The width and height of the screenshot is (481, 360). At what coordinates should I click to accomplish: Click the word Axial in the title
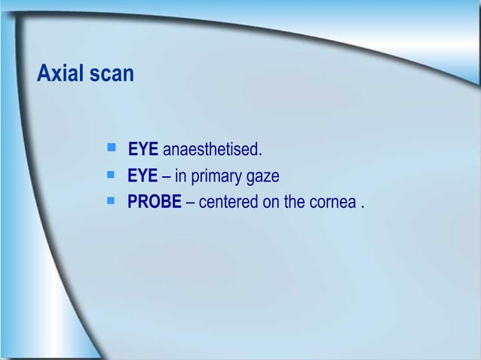pos(62,75)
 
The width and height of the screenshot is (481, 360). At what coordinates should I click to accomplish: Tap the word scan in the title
pos(112,75)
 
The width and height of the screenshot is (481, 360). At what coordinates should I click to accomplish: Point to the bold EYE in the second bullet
pos(143,177)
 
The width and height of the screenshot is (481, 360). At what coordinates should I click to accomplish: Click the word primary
pos(219,178)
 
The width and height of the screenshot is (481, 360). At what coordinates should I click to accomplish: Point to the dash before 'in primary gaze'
pos(167,178)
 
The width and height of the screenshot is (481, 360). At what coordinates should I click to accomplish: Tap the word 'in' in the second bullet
pos(181,177)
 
